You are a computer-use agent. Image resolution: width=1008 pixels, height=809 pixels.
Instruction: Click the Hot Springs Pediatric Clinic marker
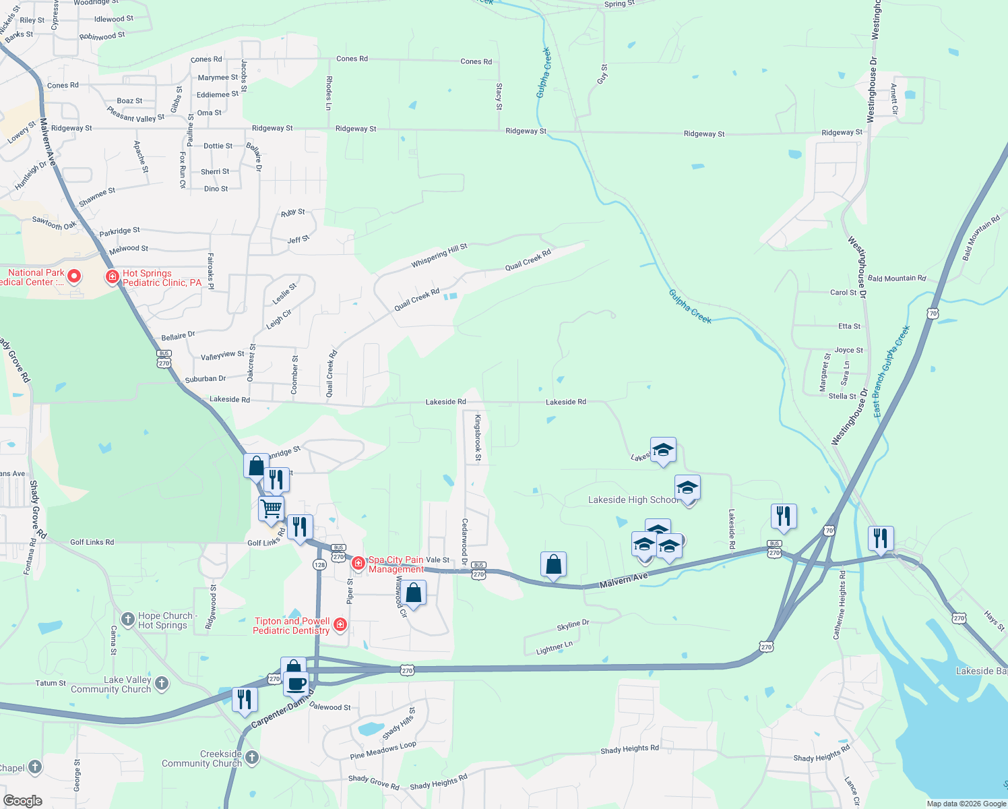[x=113, y=277]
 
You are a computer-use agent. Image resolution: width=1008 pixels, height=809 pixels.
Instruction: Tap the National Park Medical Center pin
[x=74, y=276]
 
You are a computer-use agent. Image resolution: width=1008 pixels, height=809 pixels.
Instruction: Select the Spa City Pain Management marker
[x=358, y=562]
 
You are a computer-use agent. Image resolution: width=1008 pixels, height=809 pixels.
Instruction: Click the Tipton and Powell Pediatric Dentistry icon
[x=340, y=625]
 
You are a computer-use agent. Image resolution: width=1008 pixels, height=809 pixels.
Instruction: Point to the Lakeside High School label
[x=633, y=500]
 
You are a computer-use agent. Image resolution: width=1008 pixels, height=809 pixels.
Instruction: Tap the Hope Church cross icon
[x=128, y=620]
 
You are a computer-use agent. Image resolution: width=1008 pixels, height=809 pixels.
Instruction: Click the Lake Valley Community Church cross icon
[x=162, y=684]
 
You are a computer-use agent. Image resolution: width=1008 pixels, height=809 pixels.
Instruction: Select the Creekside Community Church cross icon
[x=252, y=757]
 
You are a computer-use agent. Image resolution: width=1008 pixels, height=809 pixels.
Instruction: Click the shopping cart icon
[x=271, y=508]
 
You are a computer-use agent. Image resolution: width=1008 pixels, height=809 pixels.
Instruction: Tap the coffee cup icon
[x=296, y=684]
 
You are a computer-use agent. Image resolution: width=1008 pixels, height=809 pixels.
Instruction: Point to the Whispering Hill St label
[x=439, y=256]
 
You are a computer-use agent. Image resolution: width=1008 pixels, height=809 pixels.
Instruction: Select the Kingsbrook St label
[x=478, y=438]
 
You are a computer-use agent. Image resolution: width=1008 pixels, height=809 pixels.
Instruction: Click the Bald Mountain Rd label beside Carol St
[x=897, y=278]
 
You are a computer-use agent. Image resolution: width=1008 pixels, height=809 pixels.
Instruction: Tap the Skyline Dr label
[x=573, y=625]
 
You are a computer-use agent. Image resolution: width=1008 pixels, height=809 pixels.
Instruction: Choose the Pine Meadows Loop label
[x=383, y=750]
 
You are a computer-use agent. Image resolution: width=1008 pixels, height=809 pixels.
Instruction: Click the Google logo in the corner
[x=23, y=800]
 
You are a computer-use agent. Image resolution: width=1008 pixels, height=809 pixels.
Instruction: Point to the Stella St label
[x=842, y=396]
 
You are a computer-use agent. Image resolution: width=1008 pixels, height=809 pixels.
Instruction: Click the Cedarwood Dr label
[x=464, y=537]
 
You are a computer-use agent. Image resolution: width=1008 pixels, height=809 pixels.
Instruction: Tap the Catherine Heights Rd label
[x=840, y=605]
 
